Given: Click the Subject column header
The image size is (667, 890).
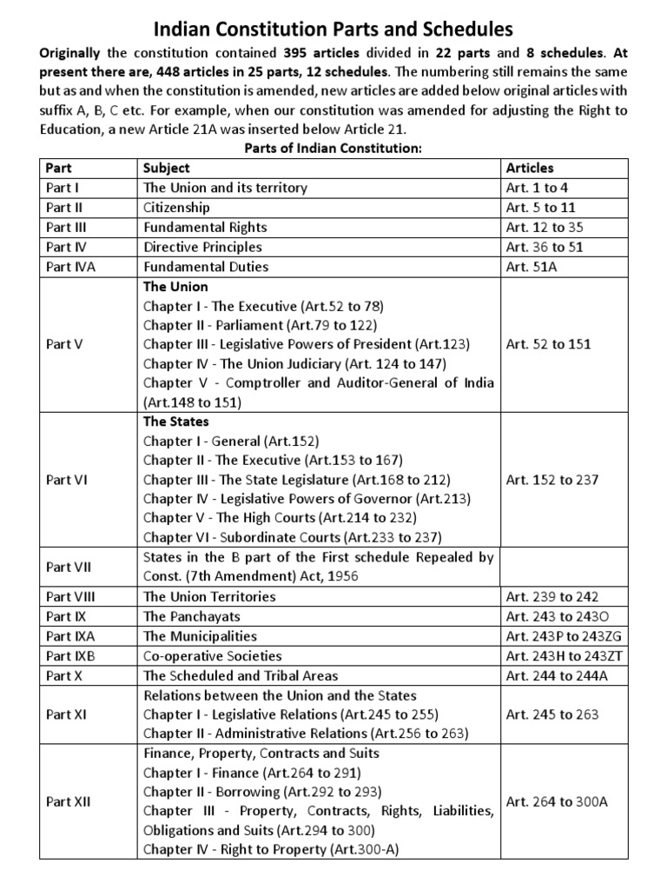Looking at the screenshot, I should (167, 168).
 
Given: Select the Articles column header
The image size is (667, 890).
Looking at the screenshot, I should (529, 168).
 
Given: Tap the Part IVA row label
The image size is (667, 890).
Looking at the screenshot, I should (71, 267).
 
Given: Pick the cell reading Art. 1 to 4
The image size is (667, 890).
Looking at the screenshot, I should (537, 188).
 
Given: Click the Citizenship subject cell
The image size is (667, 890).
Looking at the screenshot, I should (176, 208).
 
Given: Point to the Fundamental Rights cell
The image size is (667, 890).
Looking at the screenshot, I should (205, 228).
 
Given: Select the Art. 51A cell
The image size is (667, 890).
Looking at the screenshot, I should (532, 267).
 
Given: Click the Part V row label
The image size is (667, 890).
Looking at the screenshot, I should (64, 344).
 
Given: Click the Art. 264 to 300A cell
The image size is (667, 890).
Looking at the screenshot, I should (556, 801).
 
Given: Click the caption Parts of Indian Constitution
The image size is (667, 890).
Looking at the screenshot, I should (333, 149).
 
